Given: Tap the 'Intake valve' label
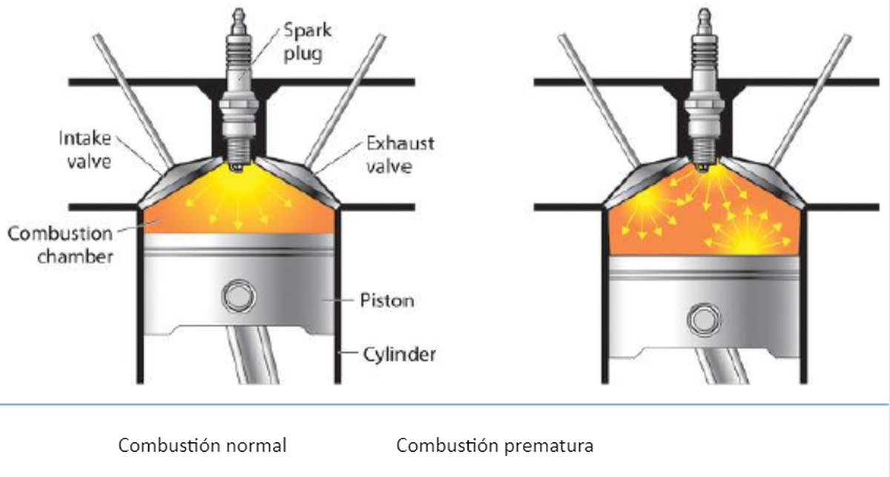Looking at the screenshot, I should pos(85,148).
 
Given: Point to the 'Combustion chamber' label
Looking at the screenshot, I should pos(61,244).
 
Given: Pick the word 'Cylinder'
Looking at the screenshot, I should pos(399,354).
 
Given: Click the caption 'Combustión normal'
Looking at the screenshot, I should pos(202,446).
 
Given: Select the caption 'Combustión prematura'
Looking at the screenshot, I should pos(495,446).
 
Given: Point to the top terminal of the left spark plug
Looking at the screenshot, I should pos(239,17).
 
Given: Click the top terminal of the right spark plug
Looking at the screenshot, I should pos(703,17).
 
